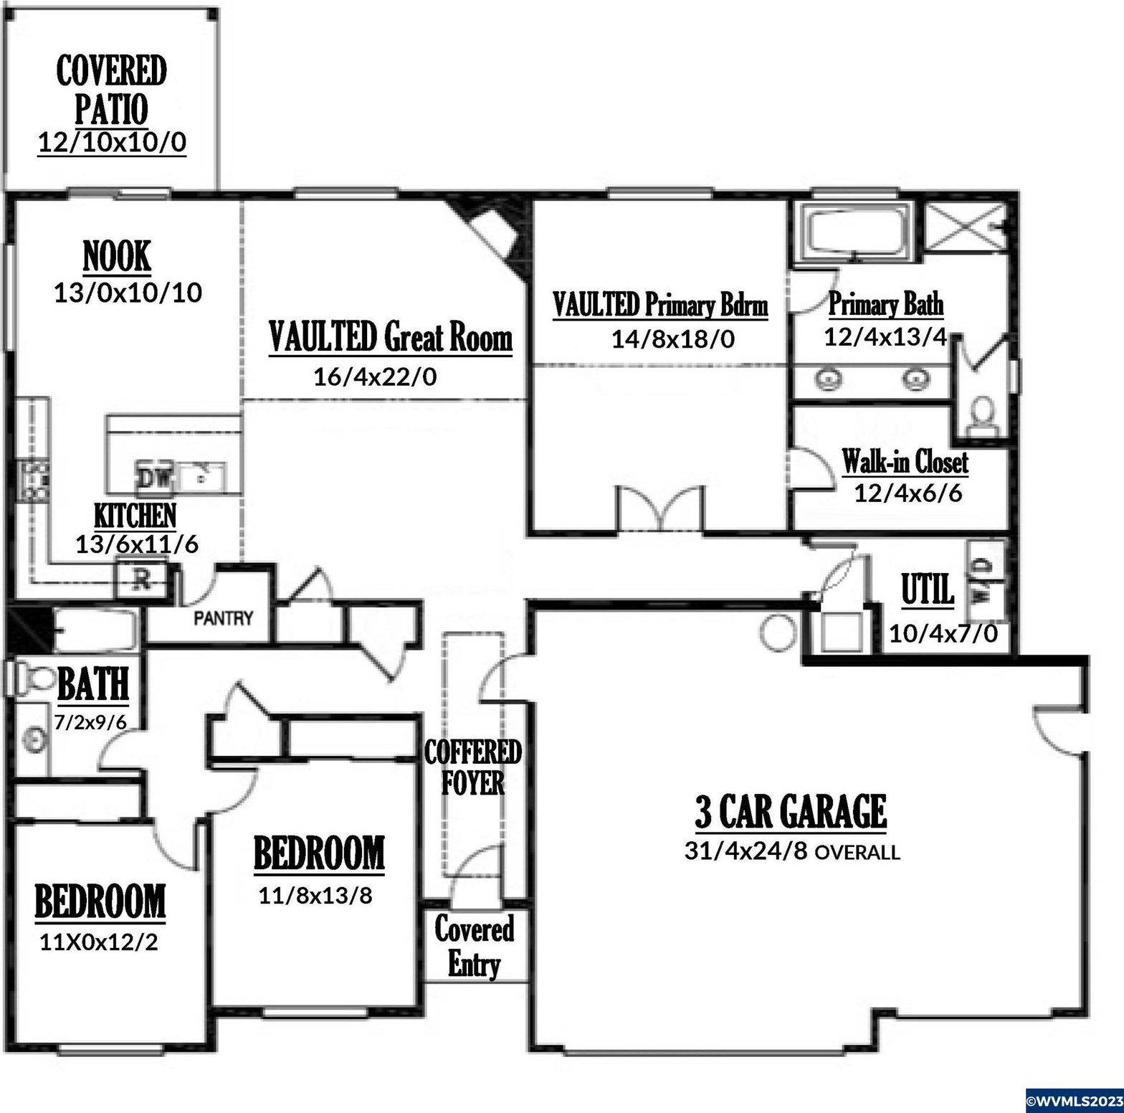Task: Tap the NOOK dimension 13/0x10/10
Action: click(128, 293)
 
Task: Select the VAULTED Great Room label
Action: click(391, 337)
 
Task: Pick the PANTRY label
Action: click(224, 617)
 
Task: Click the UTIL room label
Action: click(928, 589)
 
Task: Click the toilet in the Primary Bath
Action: click(982, 415)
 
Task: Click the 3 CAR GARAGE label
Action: click(791, 811)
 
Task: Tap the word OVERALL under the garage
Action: click(857, 852)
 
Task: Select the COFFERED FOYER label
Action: click(472, 767)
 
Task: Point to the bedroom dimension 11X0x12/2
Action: click(99, 942)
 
